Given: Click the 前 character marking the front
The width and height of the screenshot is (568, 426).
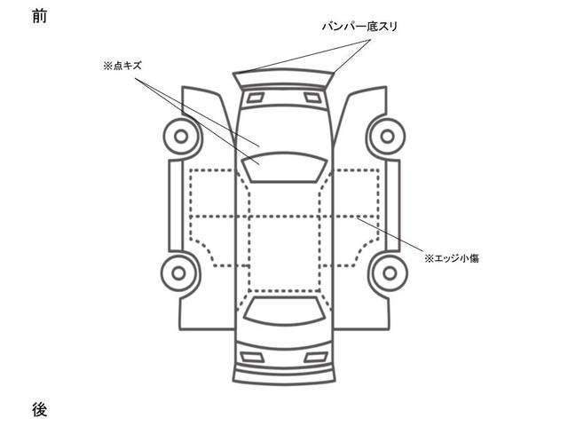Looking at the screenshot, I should click(x=38, y=16).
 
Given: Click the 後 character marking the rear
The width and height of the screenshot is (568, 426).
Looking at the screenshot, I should click(x=38, y=409).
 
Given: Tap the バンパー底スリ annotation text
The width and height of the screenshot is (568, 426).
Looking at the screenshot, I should click(x=359, y=28).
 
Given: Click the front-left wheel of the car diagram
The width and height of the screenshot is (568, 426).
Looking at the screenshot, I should click(x=181, y=138).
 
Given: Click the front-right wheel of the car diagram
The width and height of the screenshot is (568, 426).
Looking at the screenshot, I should click(x=387, y=138).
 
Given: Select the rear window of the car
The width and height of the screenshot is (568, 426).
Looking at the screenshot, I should click(x=284, y=310).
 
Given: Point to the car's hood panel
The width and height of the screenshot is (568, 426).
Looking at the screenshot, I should click(x=284, y=124).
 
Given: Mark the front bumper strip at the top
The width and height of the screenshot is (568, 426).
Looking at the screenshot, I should click(x=284, y=77).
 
